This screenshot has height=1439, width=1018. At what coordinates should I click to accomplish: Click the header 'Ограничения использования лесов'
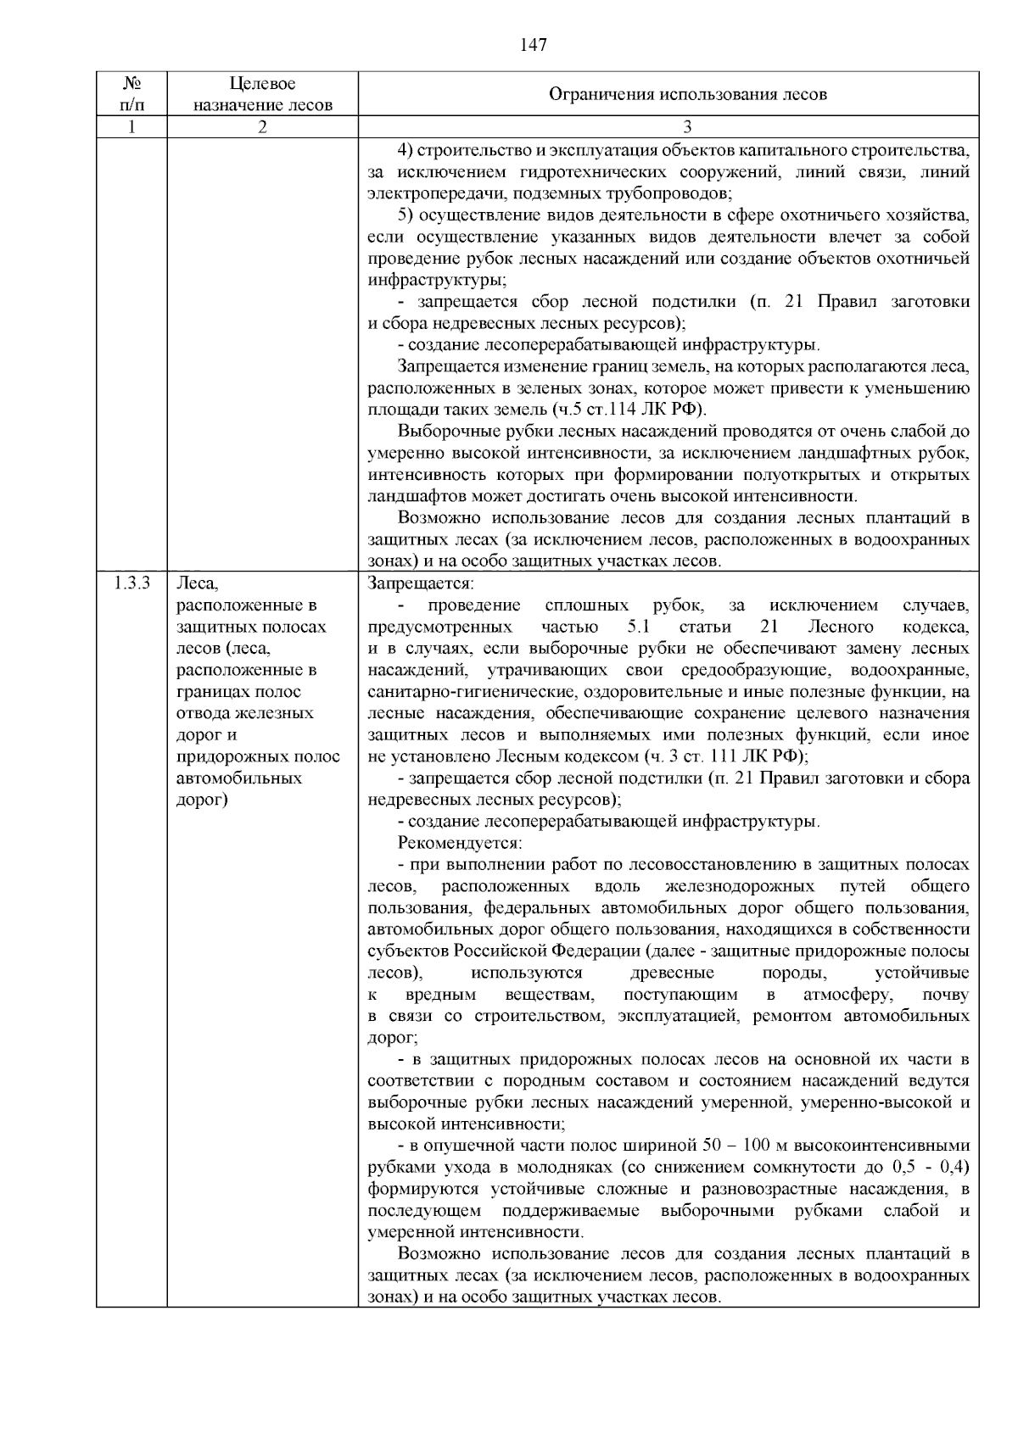[687, 94]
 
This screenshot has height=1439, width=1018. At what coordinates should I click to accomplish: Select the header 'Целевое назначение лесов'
[262, 94]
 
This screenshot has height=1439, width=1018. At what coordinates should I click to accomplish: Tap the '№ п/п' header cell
[131, 94]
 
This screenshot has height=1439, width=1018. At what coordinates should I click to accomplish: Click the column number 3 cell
[687, 127]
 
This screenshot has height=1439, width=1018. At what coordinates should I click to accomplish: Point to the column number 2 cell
[262, 127]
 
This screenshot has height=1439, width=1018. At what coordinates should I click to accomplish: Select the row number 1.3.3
[131, 583]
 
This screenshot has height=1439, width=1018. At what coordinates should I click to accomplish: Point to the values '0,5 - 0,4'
[931, 1167]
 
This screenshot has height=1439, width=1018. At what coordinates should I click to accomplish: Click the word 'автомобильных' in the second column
[239, 778]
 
